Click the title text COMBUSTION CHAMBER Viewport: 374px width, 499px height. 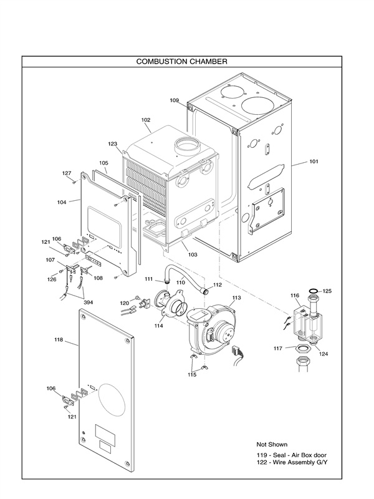click(x=181, y=62)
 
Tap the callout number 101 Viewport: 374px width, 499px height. click(x=314, y=162)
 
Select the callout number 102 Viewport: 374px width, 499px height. click(x=146, y=120)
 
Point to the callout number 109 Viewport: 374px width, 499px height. click(x=175, y=100)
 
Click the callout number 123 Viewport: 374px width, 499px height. click(x=113, y=143)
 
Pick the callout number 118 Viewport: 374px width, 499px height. click(x=59, y=340)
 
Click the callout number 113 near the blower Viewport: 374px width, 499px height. click(x=236, y=298)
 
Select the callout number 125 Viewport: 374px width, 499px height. click(x=327, y=291)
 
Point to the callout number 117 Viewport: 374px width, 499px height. click(x=278, y=347)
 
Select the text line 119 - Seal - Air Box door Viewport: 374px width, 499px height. click(x=291, y=455)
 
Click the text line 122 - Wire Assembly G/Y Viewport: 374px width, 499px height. click(x=292, y=463)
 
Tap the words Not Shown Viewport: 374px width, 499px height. click(x=272, y=444)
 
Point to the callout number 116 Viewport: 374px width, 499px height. click(x=295, y=295)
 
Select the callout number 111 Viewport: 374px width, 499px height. click(x=149, y=278)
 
